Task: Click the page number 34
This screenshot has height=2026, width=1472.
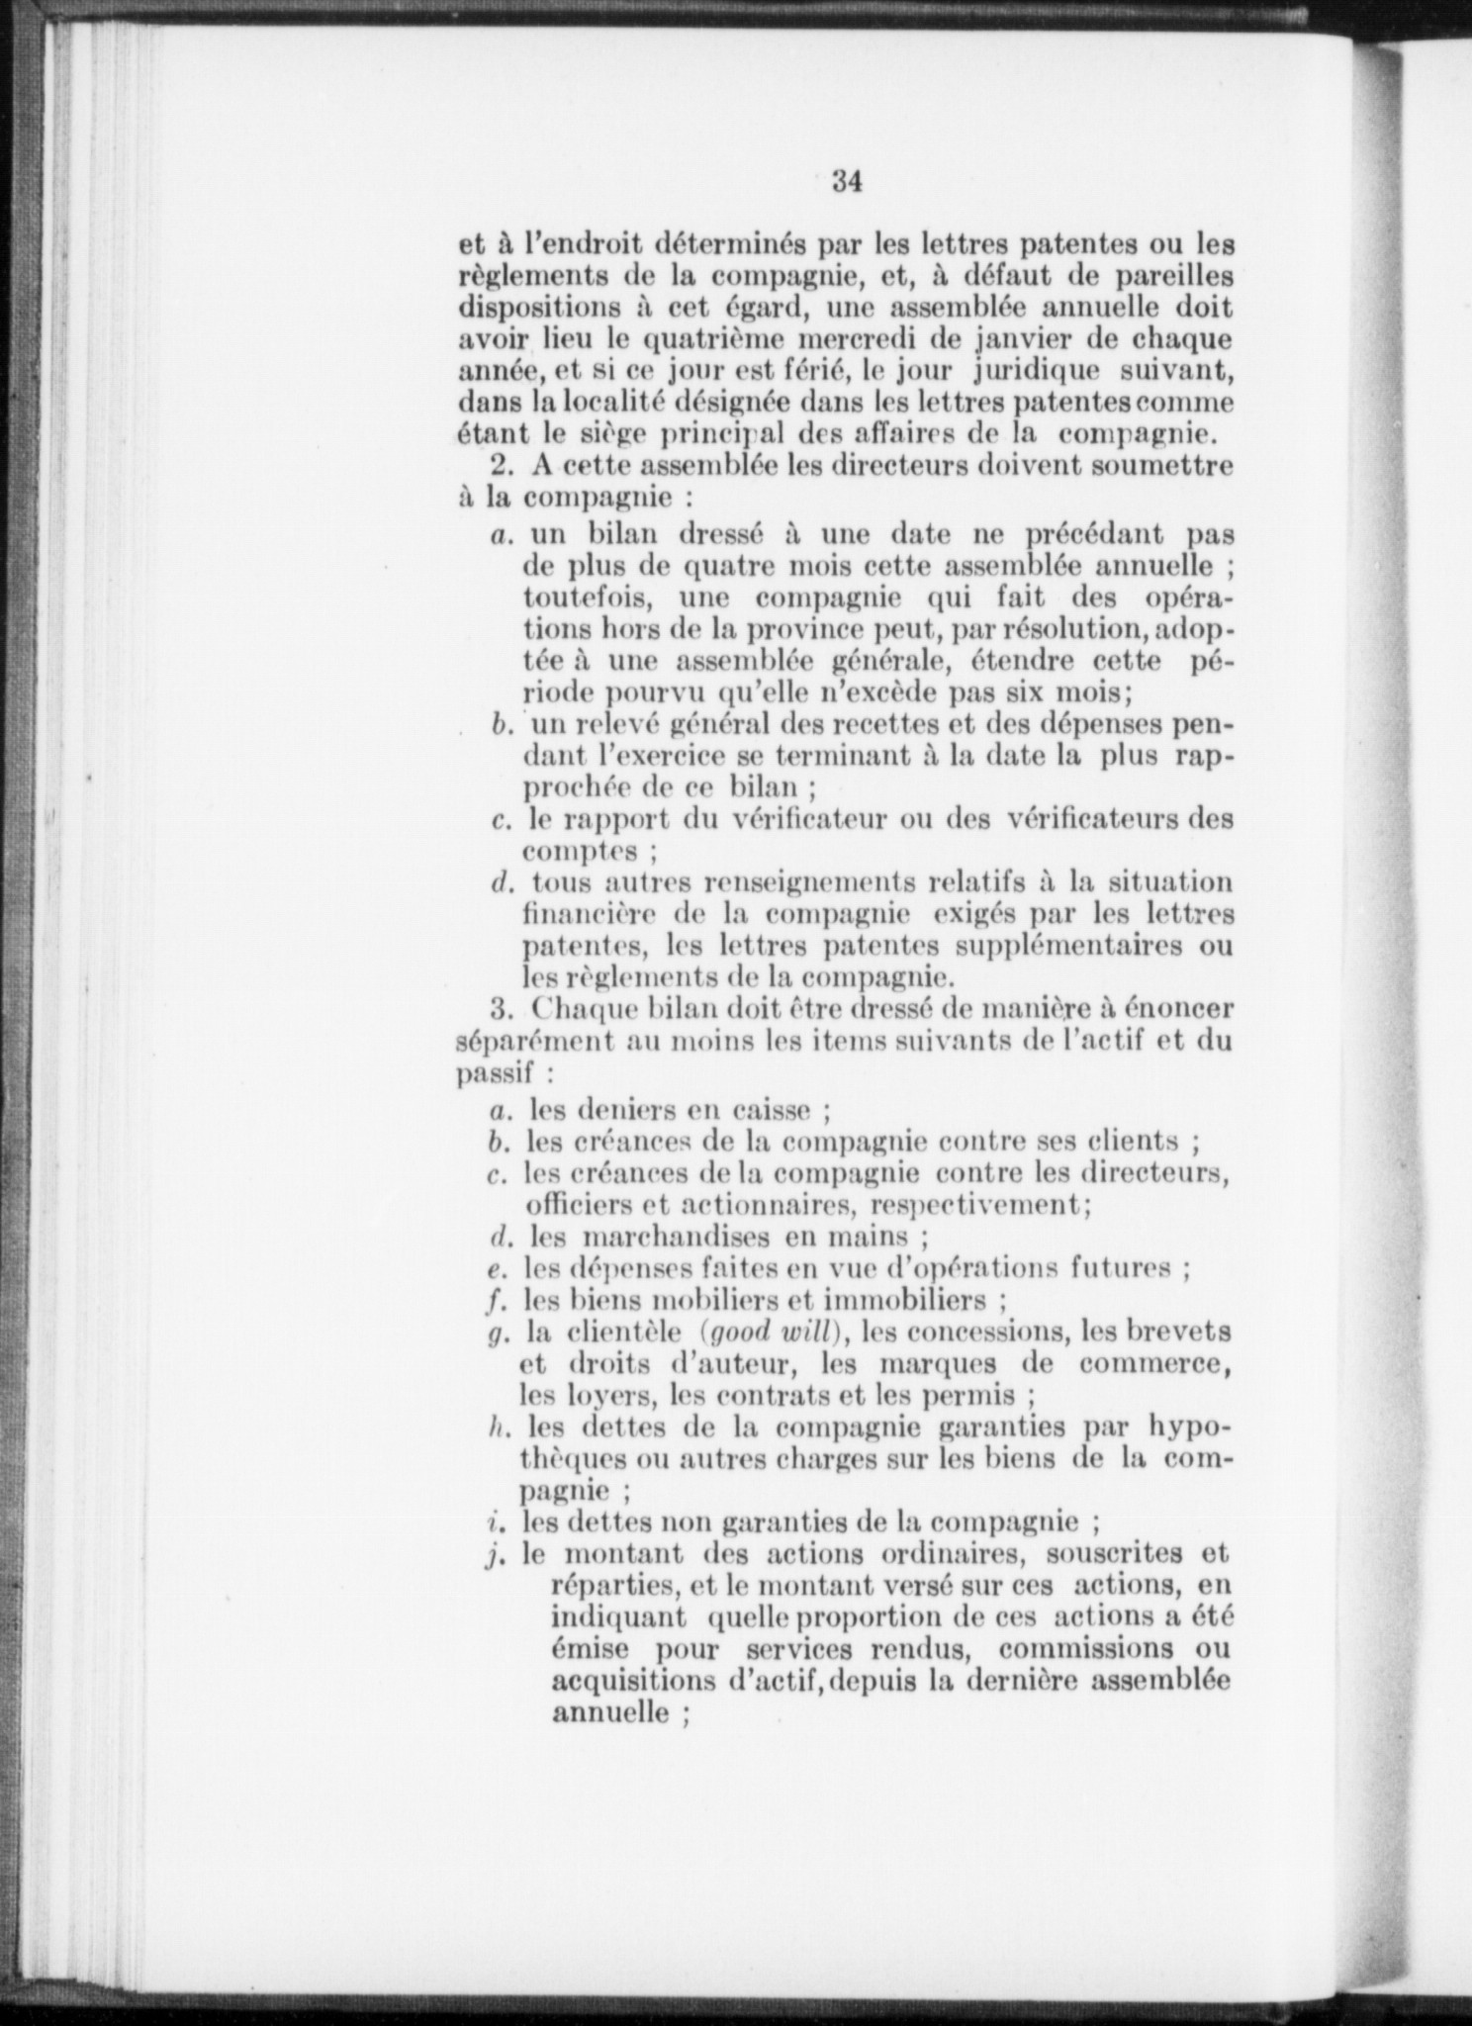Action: pos(849,181)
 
